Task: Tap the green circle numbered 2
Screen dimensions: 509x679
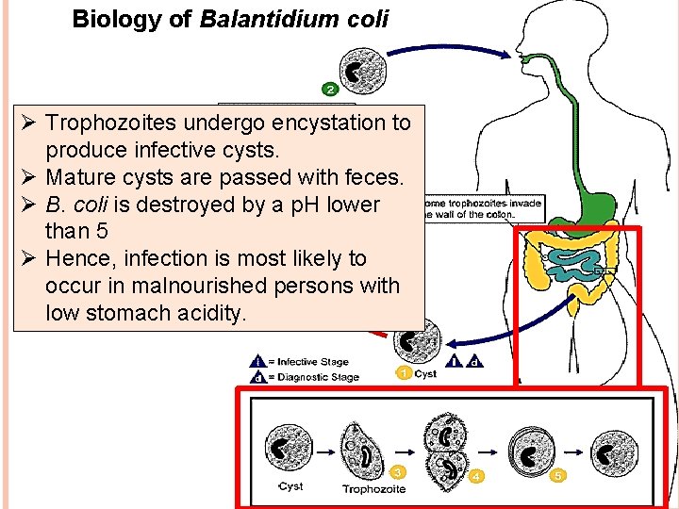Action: coord(331,90)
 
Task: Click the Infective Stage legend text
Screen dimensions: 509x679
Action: coord(312,361)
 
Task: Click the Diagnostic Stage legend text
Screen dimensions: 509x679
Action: coord(318,377)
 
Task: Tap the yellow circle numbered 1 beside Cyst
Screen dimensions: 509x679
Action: coord(403,374)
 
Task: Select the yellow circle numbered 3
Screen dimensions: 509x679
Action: coord(400,470)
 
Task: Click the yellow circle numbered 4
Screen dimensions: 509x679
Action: coord(476,476)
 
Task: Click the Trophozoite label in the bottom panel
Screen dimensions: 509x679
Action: coord(373,489)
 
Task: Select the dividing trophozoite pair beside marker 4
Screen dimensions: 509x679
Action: coord(443,449)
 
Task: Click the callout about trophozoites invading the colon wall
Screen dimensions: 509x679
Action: coord(481,207)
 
